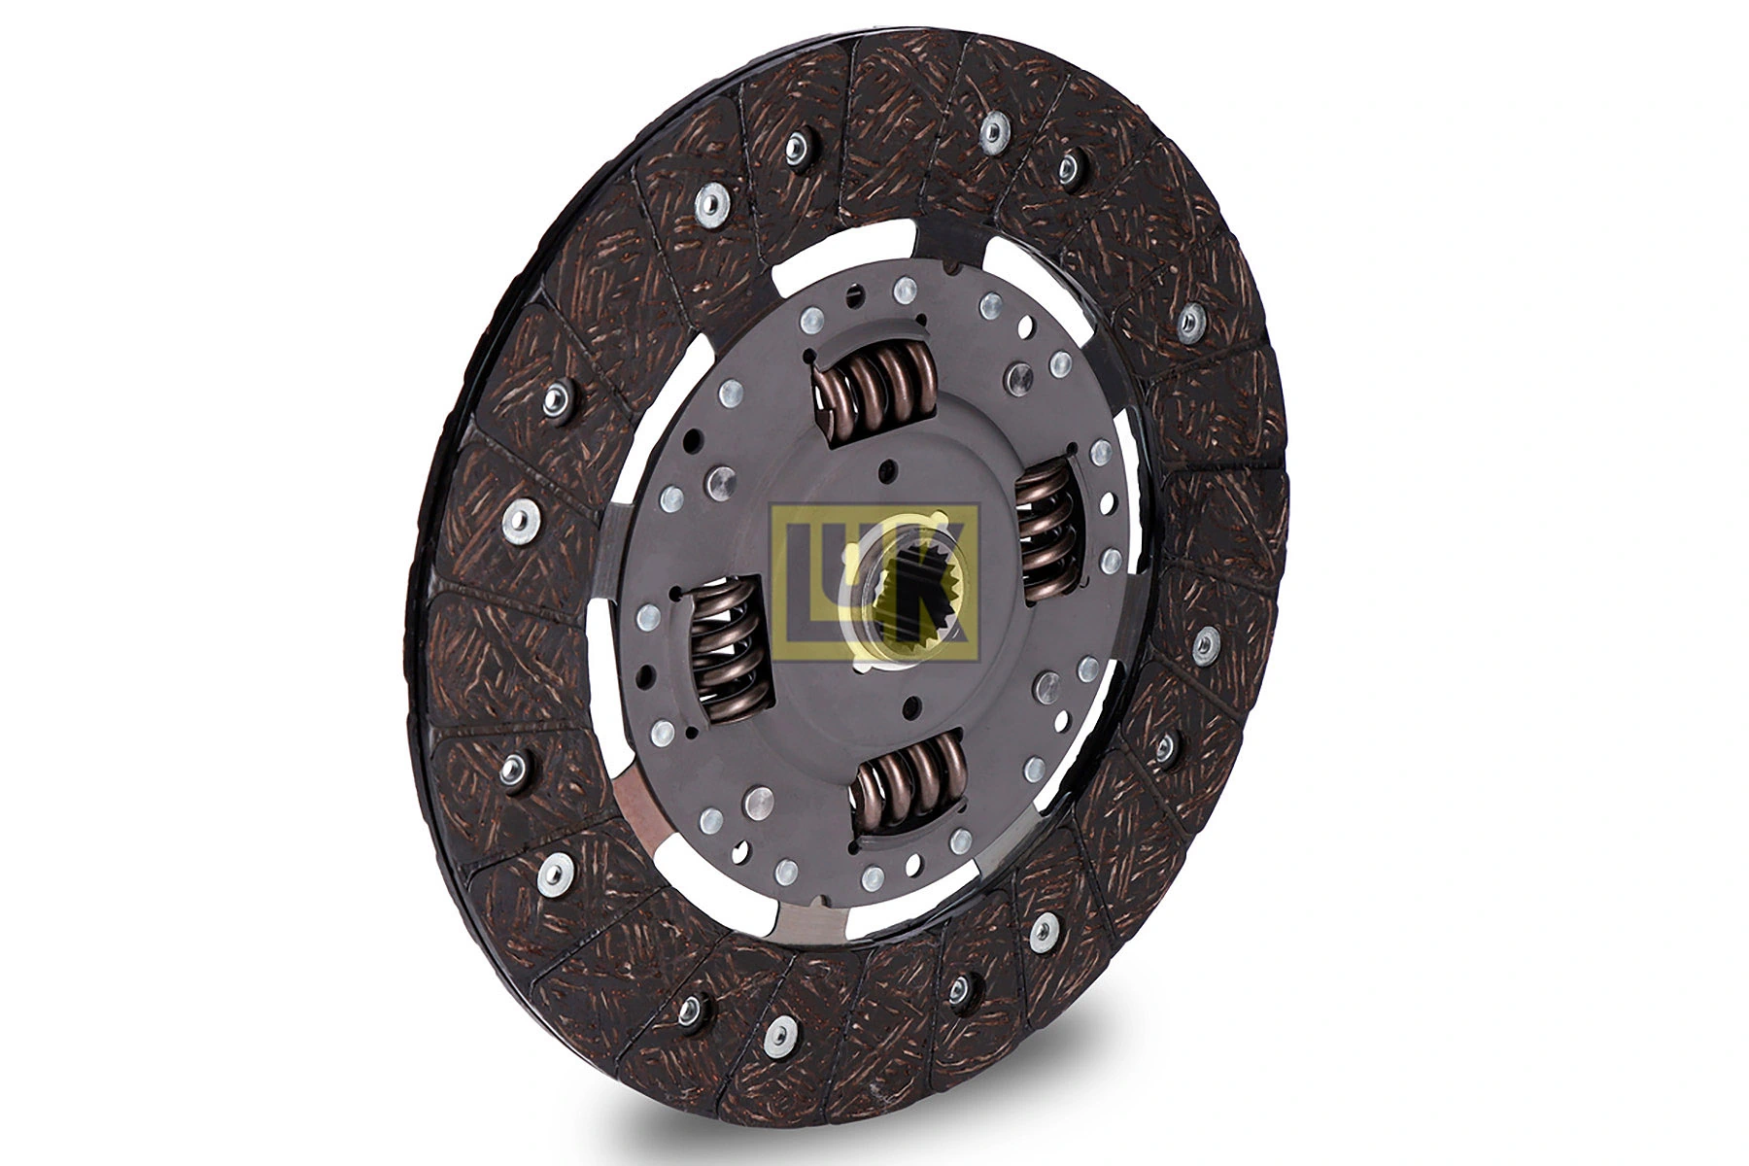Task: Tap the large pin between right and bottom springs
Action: point(1046,686)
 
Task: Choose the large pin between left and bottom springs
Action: point(757,803)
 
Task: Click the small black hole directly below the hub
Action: point(910,706)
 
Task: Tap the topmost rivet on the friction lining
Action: point(994,131)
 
